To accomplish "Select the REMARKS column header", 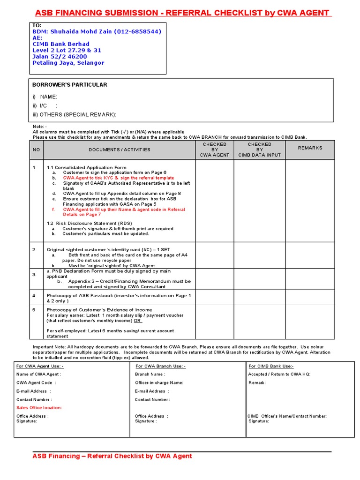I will coord(310,148).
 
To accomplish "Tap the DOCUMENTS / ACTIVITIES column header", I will coord(120,150).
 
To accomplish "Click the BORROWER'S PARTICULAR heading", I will coord(69,85).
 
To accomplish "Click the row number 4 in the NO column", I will coord(34,296).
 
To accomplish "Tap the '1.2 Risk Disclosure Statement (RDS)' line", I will coord(89,223).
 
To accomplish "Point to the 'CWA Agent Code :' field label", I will coord(36,382).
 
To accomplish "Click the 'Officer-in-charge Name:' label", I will coord(159,382).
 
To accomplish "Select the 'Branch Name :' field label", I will coord(150,374).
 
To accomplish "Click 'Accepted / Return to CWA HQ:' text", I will coord(279,374).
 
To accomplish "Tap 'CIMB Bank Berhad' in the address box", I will coord(60,44).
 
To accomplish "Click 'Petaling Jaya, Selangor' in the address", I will coord(68,63).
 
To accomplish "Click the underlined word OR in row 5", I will coord(137,321).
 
